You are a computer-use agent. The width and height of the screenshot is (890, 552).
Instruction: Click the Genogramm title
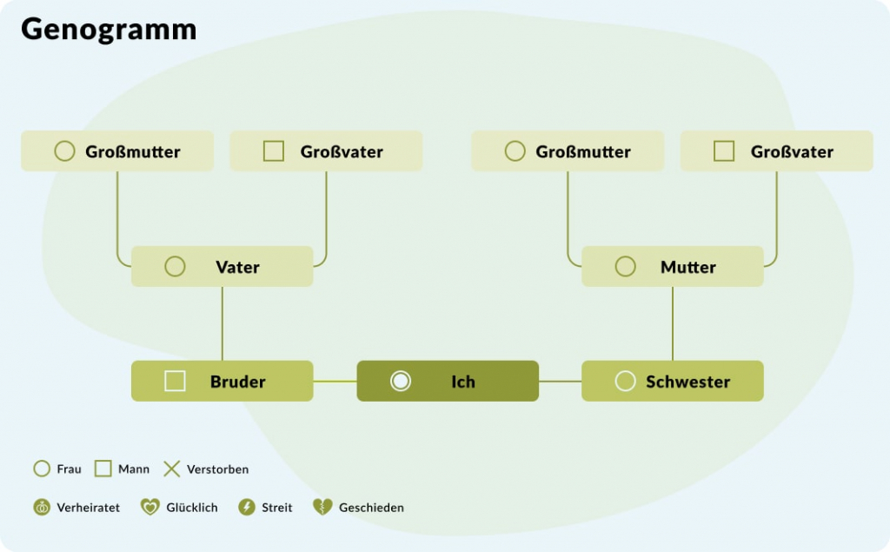[x=109, y=30]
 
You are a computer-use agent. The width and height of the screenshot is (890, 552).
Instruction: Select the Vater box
[x=222, y=267]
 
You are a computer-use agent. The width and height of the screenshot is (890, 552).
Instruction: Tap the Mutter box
[x=672, y=267]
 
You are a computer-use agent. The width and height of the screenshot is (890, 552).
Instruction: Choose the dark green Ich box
[x=448, y=381]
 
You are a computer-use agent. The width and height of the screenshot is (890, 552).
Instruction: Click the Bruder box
[x=222, y=381]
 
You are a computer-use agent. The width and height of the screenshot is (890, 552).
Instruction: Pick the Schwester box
[x=672, y=381]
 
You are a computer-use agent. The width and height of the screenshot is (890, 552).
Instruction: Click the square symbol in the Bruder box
[x=175, y=381]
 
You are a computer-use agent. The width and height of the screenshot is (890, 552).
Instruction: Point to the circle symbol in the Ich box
[x=400, y=381]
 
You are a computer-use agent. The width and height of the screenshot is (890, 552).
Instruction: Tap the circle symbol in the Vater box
[x=175, y=267]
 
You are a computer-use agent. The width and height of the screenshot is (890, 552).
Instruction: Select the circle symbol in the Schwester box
[x=625, y=381]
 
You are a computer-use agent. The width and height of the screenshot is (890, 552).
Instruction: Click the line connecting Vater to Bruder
[x=222, y=323]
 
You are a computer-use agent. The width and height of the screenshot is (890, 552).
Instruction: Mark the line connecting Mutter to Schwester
[x=672, y=323]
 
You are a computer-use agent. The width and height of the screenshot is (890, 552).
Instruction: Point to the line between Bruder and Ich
[x=335, y=381]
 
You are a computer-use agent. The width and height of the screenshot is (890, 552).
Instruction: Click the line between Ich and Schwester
[x=560, y=381]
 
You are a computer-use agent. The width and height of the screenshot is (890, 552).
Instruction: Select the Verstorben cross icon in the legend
[x=172, y=469]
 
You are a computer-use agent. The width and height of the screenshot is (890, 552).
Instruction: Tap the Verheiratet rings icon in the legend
[x=42, y=507]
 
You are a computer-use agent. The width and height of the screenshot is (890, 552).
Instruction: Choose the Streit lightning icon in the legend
[x=247, y=507]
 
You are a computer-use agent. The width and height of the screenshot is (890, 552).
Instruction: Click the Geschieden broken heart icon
[x=322, y=507]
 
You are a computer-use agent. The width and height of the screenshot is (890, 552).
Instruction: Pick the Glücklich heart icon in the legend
[x=150, y=507]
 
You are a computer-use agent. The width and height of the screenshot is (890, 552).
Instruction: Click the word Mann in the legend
[x=134, y=469]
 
